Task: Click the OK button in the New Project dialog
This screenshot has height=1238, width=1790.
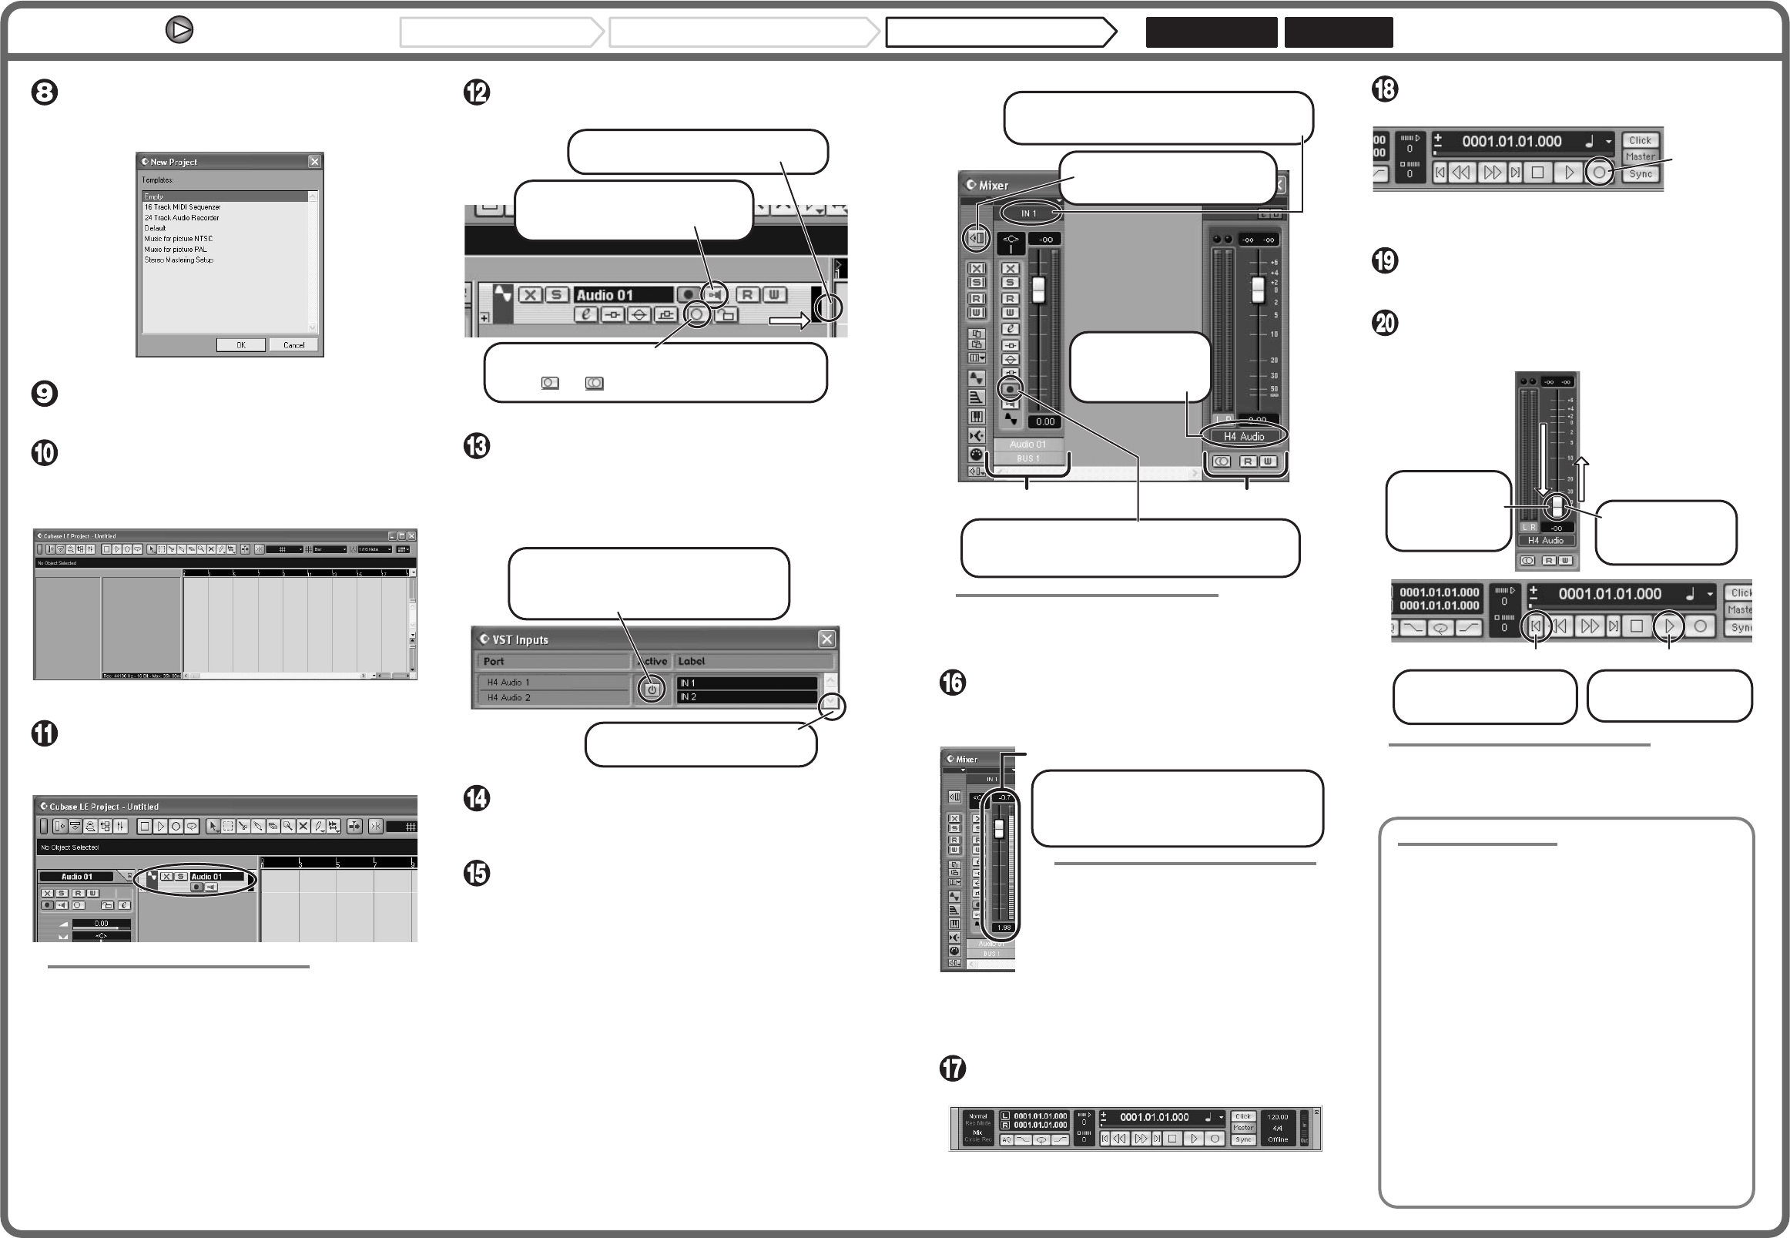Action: [240, 345]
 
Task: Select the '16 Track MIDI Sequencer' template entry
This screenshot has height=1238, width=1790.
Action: [183, 207]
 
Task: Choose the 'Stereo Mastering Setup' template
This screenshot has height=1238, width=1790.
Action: [179, 260]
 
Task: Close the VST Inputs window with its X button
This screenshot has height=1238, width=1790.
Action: [826, 639]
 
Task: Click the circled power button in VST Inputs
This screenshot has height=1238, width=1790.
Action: [652, 689]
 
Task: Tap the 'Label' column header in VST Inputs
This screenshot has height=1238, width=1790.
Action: [691, 661]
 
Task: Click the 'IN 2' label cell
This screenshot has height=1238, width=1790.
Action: [745, 697]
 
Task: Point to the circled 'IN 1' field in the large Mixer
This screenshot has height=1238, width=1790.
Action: [1028, 213]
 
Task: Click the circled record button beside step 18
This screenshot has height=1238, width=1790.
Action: [1599, 173]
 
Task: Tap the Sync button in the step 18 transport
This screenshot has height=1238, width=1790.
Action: [1641, 174]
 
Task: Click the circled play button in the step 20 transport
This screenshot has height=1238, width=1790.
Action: [1669, 626]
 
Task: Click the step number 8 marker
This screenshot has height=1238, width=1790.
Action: [44, 92]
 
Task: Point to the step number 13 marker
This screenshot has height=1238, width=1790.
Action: [476, 446]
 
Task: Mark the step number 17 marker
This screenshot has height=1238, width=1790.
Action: [953, 1068]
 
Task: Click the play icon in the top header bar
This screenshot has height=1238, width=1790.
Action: [179, 30]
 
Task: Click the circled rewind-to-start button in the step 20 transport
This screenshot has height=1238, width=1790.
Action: [1536, 626]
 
